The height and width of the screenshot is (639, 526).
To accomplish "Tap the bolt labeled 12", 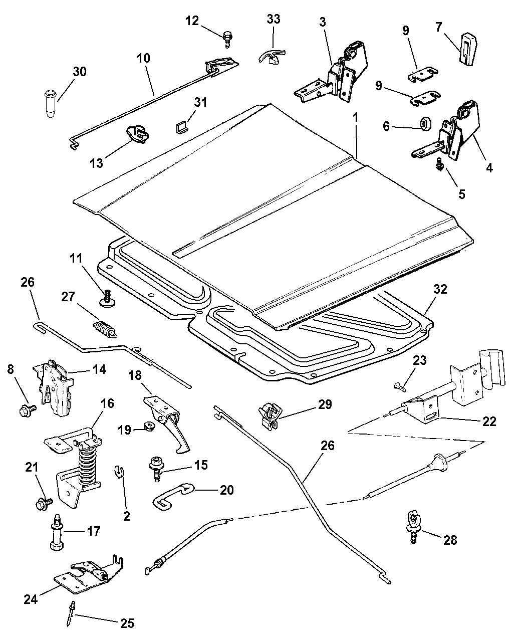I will click(228, 38).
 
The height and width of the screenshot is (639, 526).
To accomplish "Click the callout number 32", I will click(441, 289).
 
